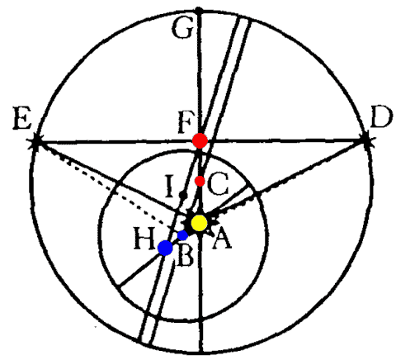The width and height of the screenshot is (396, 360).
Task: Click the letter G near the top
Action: click(x=181, y=29)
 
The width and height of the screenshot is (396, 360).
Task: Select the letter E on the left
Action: click(x=21, y=120)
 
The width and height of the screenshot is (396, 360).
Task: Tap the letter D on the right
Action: click(x=380, y=117)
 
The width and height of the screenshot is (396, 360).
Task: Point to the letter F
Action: click(x=185, y=123)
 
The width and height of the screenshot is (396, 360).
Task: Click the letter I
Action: click(x=170, y=187)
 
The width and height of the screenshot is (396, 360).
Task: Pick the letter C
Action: click(x=218, y=184)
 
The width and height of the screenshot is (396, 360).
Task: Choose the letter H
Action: click(x=144, y=238)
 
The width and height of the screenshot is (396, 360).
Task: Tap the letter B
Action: click(x=186, y=256)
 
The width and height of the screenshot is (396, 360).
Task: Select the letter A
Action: click(x=222, y=239)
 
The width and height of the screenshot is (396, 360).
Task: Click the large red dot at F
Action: click(x=200, y=140)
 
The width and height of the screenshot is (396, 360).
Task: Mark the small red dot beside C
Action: click(x=200, y=181)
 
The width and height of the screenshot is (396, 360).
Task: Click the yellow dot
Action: click(x=199, y=223)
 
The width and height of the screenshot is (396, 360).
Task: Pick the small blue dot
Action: click(x=182, y=235)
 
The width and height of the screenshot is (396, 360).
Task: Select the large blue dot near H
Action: click(x=165, y=248)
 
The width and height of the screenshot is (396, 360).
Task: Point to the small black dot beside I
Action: click(x=182, y=195)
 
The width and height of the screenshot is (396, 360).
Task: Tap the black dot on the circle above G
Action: click(x=199, y=11)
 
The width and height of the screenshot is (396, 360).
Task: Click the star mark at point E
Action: click(x=35, y=142)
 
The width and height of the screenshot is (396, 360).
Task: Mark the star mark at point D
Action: click(x=365, y=141)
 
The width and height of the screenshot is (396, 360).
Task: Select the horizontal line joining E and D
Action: click(x=200, y=141)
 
